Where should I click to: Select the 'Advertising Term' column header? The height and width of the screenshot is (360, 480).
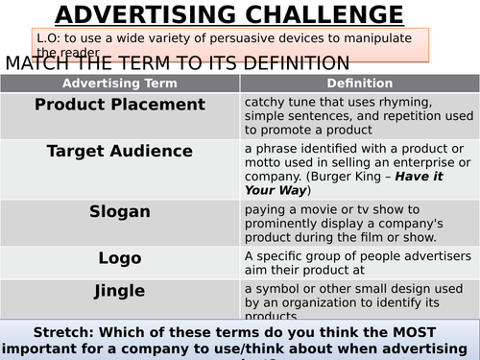pos(120,84)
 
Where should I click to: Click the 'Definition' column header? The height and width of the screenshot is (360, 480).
pos(357,84)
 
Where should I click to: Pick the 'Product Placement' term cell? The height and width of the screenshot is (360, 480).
pos(120,105)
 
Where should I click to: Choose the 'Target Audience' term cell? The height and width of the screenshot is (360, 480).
pos(120,151)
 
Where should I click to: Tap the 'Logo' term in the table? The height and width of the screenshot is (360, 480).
pos(120,258)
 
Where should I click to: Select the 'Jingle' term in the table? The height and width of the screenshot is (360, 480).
pos(120,290)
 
